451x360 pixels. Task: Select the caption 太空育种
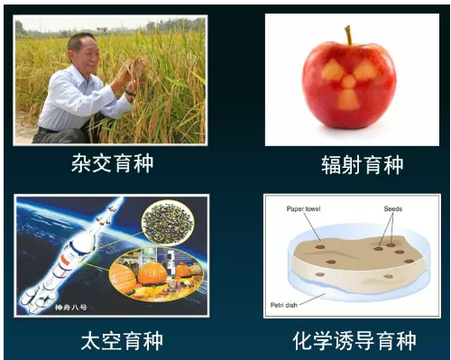tap(114, 340)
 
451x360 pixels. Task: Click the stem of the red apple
tap(347, 35)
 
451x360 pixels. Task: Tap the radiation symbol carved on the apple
tap(348, 82)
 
